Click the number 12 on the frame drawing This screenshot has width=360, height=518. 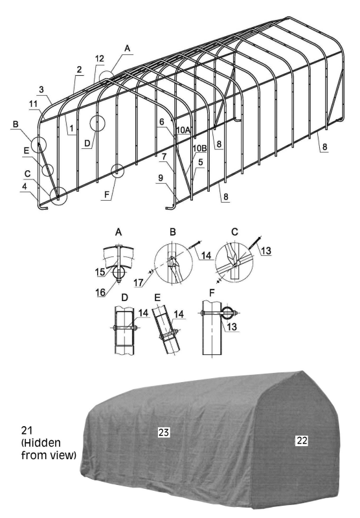coord(99,59)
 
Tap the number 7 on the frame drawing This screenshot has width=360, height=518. coord(165,157)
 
